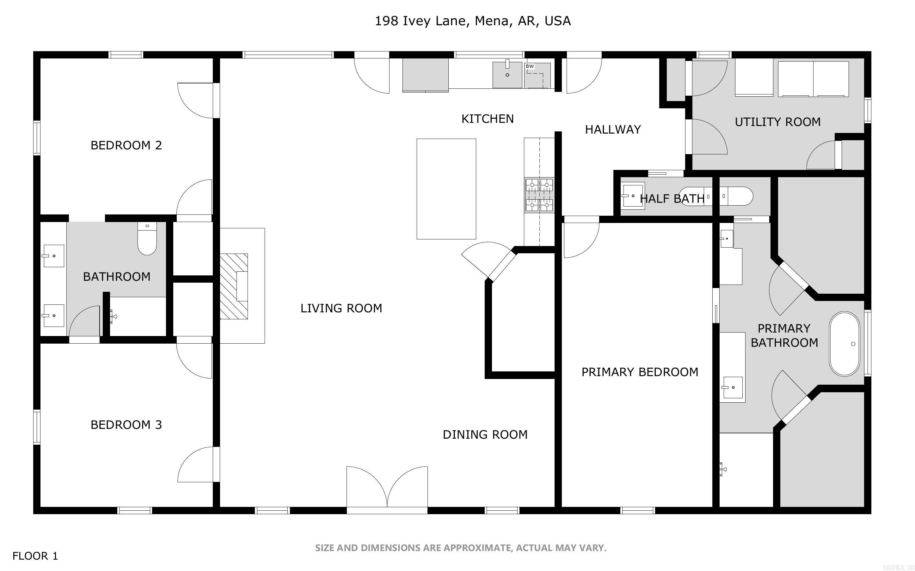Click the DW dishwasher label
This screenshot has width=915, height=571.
pos(530,66)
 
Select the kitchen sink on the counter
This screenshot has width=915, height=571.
pos(507,75)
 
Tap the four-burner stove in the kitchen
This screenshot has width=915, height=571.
pos(539,195)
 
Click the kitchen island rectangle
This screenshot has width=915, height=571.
pos(446,189)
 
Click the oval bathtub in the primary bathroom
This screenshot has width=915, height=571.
pos(844,344)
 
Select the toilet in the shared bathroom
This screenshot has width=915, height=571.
pos(147,239)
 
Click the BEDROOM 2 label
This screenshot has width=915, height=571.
pos(126,145)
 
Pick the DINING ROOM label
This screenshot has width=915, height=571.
pos(485,435)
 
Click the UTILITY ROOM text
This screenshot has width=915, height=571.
pos(777,122)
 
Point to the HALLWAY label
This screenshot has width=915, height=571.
pos(613,130)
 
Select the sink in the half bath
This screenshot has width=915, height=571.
pos(633,195)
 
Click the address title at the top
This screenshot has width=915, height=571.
pos(472,21)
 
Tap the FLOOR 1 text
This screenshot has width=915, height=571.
pos(35,556)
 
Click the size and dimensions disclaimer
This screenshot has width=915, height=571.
pos(461,548)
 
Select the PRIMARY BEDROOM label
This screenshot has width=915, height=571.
pos(640,372)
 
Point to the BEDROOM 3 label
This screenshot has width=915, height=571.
pos(126,425)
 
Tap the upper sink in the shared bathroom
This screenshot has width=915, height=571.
pos(53,256)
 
